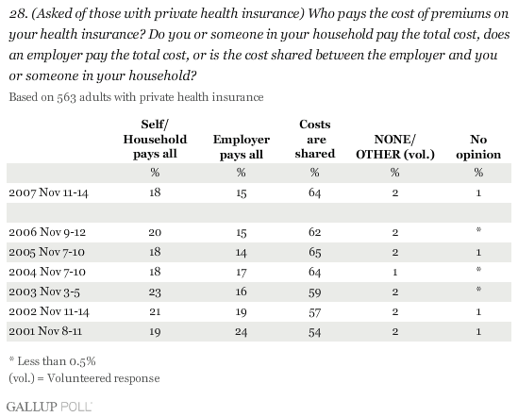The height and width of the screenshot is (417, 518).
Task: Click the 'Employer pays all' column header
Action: tap(242, 147)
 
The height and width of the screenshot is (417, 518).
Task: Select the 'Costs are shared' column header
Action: tap(315, 139)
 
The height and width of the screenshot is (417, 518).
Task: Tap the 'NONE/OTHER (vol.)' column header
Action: tap(395, 147)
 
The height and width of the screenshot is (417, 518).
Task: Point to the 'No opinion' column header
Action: tap(478, 147)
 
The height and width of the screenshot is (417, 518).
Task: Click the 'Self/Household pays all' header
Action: tap(155, 139)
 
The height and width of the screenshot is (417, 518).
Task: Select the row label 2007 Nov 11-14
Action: tap(48, 192)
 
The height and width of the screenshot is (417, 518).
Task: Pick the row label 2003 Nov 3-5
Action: tap(44, 292)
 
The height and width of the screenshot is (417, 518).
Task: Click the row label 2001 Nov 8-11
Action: tap(45, 331)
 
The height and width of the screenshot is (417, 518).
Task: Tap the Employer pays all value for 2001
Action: tap(242, 332)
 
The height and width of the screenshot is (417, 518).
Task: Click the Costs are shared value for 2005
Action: tap(315, 253)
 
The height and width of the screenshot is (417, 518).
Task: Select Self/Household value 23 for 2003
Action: tap(155, 292)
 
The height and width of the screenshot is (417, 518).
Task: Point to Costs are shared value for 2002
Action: tap(315, 312)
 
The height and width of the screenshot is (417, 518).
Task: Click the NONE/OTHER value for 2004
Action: tap(395, 273)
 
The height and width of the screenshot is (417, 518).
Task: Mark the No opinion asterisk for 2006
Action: tap(478, 230)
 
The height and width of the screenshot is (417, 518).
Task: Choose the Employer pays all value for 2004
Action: tap(242, 273)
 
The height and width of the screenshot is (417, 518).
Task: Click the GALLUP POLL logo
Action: tap(49, 407)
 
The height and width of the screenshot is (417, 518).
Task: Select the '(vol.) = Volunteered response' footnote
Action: tap(84, 378)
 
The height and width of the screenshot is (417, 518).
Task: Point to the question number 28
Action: tap(18, 14)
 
